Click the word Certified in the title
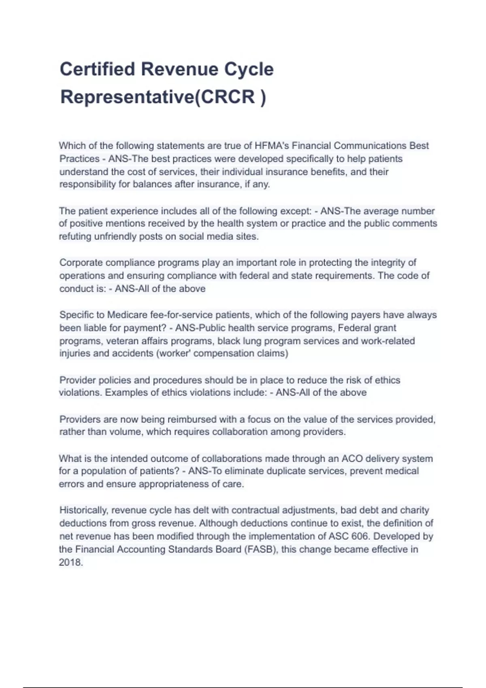97,69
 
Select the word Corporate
81,263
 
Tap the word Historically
84,510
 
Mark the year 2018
70,563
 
